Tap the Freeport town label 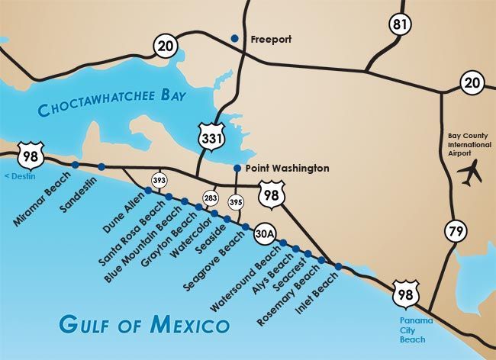coord(267,39)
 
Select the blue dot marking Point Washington coord(237,169)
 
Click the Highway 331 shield coord(211,137)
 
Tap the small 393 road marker coord(159,180)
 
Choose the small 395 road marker coord(236,202)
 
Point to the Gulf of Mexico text coord(145,324)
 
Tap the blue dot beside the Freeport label coord(235,39)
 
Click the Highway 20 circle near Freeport coord(166,46)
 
